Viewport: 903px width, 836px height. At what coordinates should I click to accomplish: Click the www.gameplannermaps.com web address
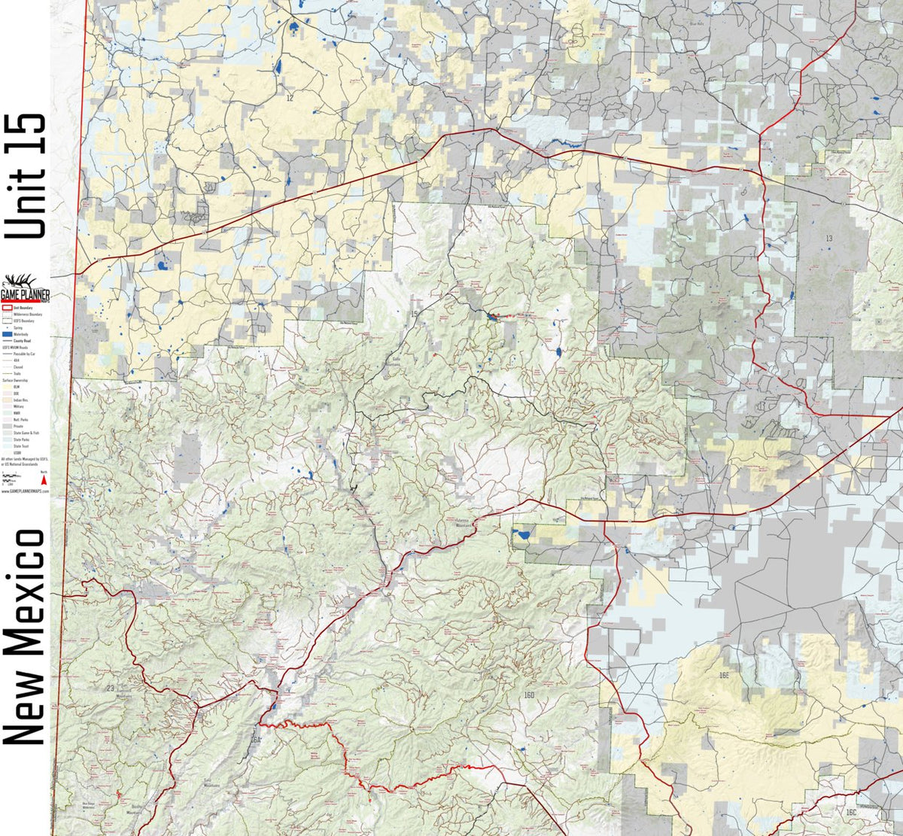click(x=26, y=489)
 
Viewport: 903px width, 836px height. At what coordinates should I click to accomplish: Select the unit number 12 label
click(x=290, y=99)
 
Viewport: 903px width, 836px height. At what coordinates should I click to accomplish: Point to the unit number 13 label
click(x=829, y=239)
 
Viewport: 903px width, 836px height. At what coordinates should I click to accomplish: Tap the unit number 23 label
click(x=111, y=689)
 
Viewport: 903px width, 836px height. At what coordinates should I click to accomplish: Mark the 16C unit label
click(x=851, y=813)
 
